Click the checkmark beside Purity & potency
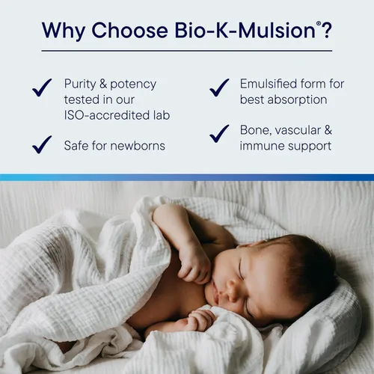tap(42, 88)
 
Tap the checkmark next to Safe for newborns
tap(42, 144)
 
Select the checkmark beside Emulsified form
tap(219, 88)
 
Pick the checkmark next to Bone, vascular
tap(219, 134)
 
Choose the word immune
tap(260, 146)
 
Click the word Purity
tap(79, 84)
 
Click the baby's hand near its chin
tap(193, 262)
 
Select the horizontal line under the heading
tap(187, 51)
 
